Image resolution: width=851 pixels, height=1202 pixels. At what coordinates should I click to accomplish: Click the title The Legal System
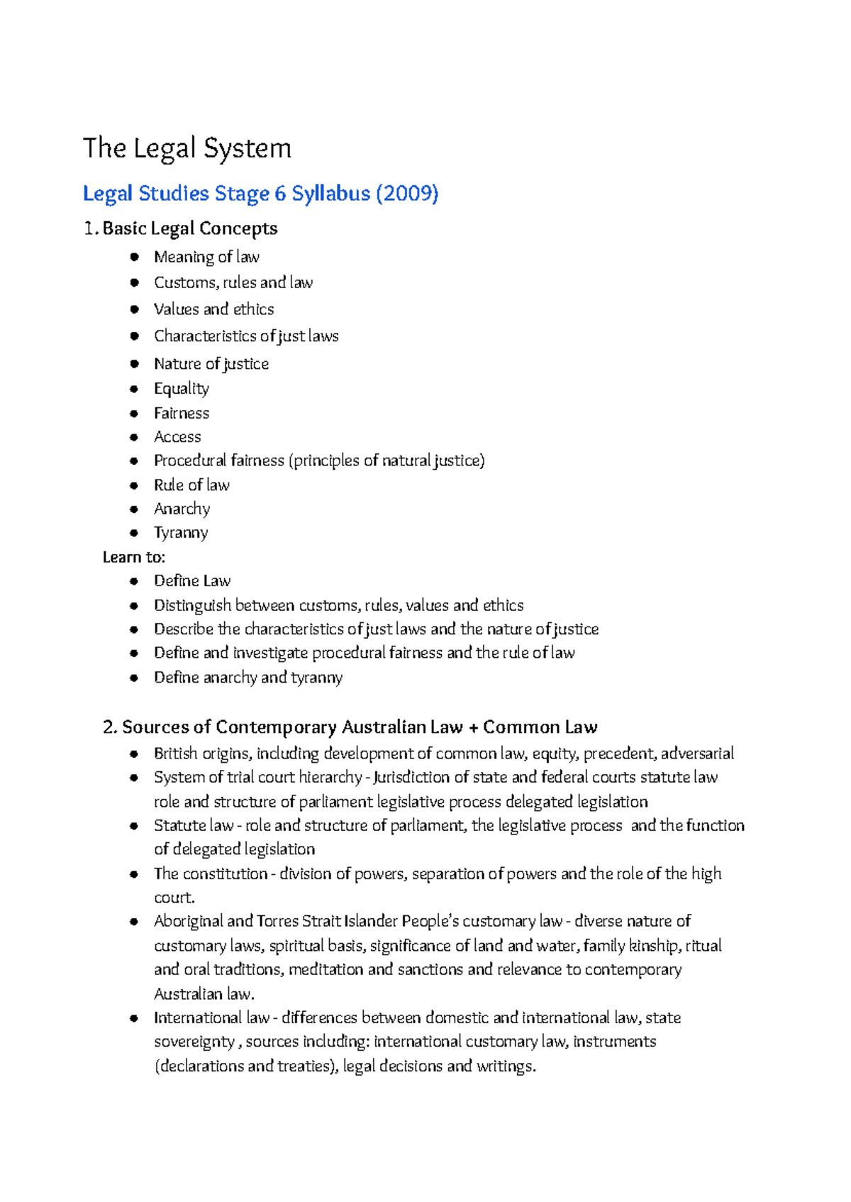tap(187, 148)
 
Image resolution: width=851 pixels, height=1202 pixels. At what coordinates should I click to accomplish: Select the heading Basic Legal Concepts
tap(189, 228)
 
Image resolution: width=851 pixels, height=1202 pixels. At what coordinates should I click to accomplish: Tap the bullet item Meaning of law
tap(206, 257)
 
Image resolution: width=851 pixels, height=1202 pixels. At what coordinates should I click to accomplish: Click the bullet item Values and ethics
tap(213, 309)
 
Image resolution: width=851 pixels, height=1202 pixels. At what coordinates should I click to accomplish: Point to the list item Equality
tap(182, 389)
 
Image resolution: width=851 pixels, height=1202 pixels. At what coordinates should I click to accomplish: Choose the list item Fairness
tap(182, 413)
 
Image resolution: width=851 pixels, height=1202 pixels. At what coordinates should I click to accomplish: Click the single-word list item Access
tap(177, 437)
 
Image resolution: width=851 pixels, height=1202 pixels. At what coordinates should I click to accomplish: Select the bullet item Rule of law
tap(191, 485)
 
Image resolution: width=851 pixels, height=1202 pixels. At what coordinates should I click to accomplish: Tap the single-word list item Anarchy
tap(182, 509)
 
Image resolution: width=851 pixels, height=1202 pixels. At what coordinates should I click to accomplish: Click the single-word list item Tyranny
tap(181, 533)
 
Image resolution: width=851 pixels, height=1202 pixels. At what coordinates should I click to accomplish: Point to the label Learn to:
tap(133, 557)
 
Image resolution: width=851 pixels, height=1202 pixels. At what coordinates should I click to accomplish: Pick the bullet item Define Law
tap(192, 581)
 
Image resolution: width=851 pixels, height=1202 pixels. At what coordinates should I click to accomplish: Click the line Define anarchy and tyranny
tap(248, 678)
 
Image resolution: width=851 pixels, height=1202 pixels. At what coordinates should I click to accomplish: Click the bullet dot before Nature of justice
tap(134, 364)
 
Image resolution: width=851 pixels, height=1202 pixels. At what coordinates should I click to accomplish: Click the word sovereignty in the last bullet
tap(194, 1042)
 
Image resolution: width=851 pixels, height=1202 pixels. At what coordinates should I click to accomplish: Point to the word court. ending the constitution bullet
tap(174, 898)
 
